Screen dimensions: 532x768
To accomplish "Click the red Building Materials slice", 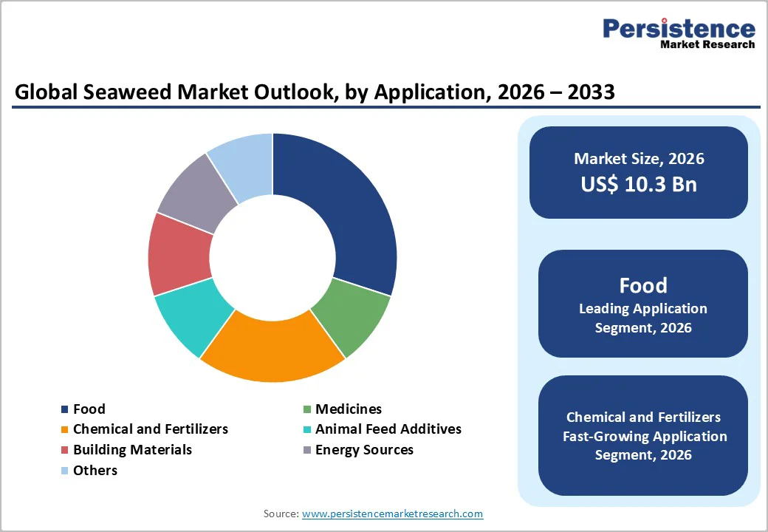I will click(x=178, y=255).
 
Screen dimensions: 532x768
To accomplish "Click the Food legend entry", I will click(x=89, y=409).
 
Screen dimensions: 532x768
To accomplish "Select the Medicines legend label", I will click(x=348, y=409).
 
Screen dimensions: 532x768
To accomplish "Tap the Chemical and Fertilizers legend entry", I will click(x=150, y=429).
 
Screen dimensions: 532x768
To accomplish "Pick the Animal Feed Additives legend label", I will click(x=388, y=429).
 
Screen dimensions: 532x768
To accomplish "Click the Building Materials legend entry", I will click(x=132, y=450).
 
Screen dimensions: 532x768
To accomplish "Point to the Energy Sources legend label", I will click(x=364, y=450).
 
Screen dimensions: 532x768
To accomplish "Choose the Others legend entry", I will click(x=95, y=471).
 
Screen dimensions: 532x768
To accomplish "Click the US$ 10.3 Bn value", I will click(x=639, y=184).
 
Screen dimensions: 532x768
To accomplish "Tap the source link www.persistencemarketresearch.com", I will click(x=392, y=514).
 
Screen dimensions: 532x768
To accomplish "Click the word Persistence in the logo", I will click(x=679, y=29).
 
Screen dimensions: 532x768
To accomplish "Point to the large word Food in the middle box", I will click(x=642, y=285).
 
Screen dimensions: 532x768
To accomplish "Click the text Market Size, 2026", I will click(x=639, y=158).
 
